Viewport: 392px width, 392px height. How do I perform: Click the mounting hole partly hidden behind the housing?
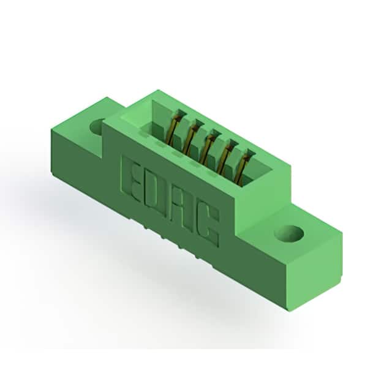click(97, 127)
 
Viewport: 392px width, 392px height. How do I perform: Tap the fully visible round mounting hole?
click(288, 234)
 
